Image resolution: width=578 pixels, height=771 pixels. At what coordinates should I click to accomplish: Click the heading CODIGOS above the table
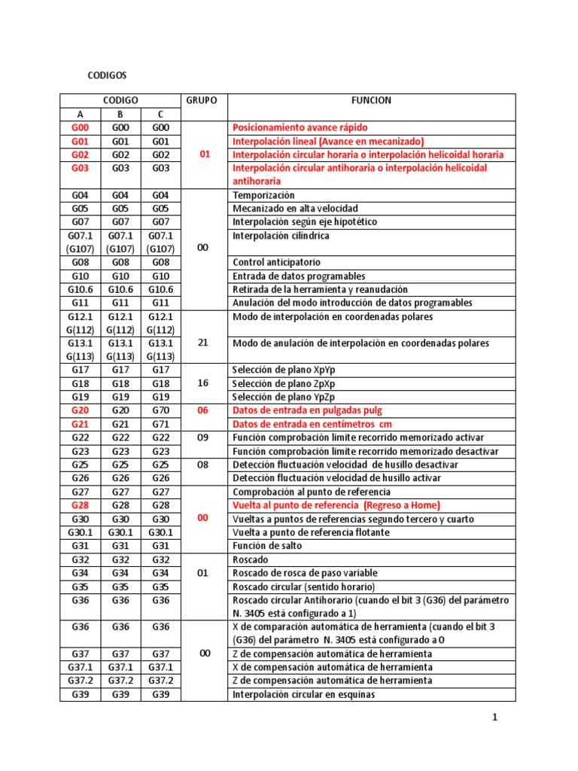coord(108,76)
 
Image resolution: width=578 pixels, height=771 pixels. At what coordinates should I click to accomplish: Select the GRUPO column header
coord(201,100)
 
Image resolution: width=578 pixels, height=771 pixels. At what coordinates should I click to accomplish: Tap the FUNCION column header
coord(371,100)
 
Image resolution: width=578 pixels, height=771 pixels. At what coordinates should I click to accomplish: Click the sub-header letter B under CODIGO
coord(120,114)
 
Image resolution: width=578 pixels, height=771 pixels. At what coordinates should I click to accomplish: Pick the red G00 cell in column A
coord(80,128)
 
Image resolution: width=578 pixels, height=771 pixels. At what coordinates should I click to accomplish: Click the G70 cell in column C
coord(160,410)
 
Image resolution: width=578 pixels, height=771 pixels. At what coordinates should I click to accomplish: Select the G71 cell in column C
coord(160,424)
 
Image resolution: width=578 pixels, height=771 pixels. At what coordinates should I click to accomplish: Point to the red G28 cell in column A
coord(80,505)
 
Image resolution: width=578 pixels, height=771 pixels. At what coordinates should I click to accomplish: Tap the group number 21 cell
coord(202,343)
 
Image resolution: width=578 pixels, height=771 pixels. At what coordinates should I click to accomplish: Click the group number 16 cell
coord(202,383)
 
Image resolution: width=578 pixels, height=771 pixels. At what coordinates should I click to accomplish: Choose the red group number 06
coord(202,410)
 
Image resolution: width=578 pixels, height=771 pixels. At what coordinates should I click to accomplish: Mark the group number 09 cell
coord(202,437)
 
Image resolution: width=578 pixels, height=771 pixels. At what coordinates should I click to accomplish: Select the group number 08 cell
coord(202,465)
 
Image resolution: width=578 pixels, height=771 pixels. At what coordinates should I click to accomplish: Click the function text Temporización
coord(265,195)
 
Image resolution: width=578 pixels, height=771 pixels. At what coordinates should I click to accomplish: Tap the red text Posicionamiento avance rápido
coord(300,128)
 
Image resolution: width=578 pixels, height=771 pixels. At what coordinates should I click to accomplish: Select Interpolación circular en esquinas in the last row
coord(304,694)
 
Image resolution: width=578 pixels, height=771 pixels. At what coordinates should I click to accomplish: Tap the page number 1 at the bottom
coord(495,718)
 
